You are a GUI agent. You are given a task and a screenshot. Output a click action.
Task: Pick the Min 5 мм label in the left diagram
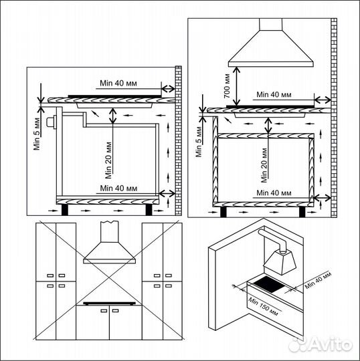[39, 133]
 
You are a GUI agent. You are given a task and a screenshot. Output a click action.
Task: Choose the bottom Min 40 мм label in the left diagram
[118, 188]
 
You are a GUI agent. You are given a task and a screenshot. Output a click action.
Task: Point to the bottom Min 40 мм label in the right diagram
[272, 193]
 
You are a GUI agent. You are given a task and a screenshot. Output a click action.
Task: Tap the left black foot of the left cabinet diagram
[64, 209]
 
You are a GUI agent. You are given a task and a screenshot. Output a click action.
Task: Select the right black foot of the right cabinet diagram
[302, 211]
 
